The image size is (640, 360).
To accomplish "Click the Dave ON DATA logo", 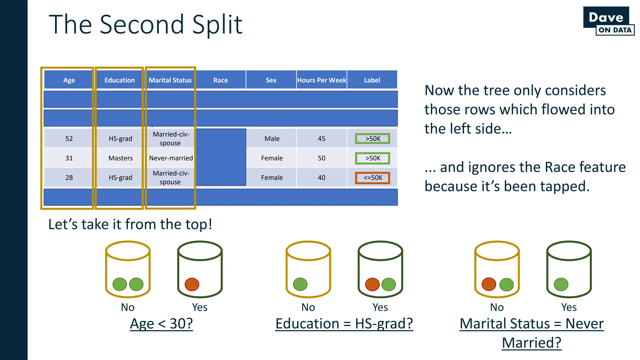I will (608, 21).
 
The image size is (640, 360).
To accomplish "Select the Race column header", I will (221, 80).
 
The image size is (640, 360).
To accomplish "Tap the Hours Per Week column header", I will (322, 80).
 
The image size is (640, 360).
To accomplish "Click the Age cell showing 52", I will (69, 138).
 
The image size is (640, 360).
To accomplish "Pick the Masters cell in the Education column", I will (120, 158).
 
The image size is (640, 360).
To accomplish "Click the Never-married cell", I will (171, 158).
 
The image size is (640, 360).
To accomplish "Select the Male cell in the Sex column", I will (272, 138).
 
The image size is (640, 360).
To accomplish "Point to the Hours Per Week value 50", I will (322, 158).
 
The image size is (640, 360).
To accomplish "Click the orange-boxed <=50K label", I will (372, 177).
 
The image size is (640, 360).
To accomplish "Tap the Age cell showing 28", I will (69, 177).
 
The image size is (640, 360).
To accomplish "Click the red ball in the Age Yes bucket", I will (192, 284).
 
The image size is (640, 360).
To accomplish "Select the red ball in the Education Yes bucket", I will (372, 284).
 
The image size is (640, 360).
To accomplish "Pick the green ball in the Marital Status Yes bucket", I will (561, 284).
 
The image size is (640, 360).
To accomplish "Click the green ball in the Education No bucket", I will (300, 284).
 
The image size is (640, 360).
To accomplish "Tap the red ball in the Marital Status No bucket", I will (489, 284).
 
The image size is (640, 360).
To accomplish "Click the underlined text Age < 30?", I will (161, 323).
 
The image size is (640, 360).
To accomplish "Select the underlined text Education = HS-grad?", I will (344, 323).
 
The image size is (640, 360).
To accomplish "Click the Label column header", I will (372, 80).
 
